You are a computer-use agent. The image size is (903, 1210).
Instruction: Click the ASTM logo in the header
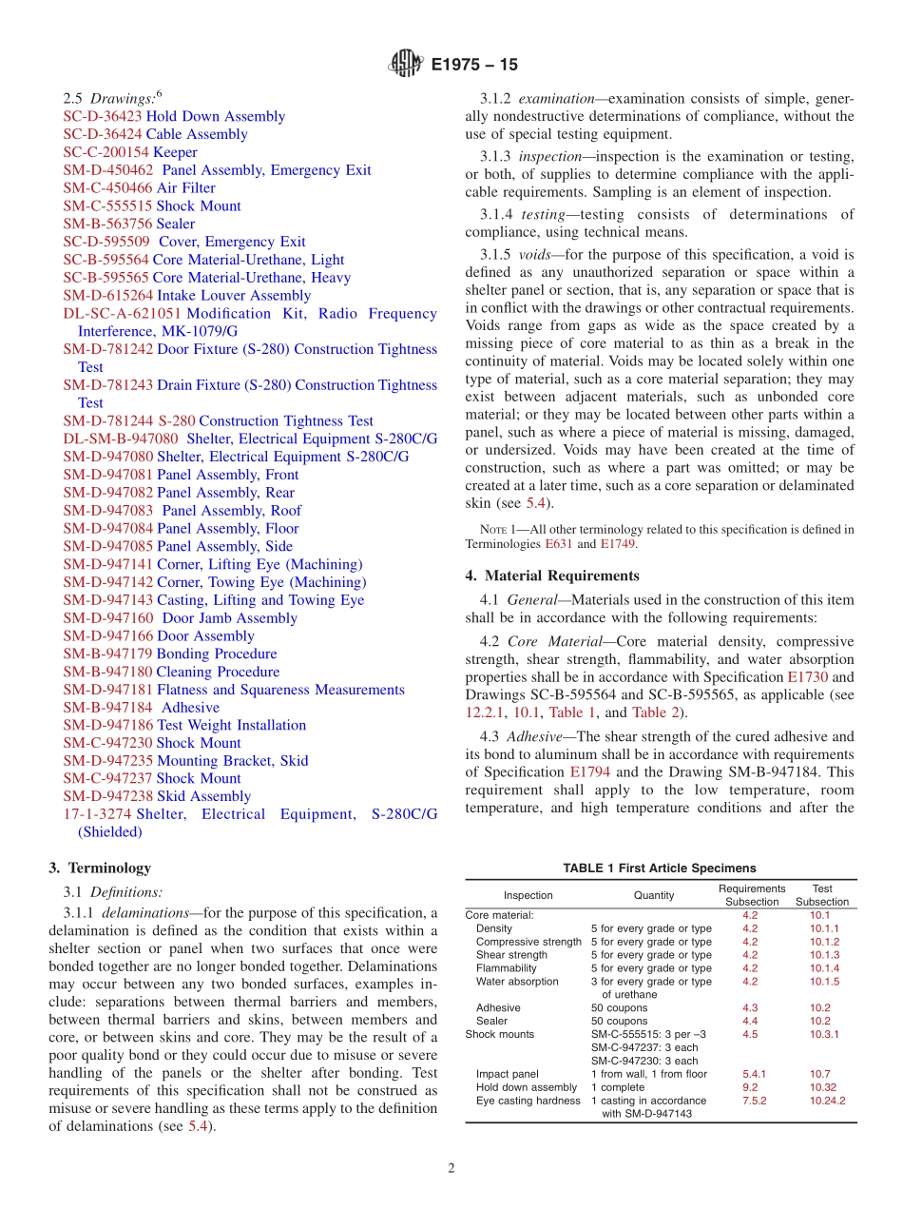click(x=406, y=65)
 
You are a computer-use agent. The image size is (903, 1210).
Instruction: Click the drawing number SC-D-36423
click(x=103, y=116)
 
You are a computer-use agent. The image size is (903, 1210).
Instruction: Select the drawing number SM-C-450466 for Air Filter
click(x=107, y=188)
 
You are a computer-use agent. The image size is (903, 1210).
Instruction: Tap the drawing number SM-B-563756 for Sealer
click(x=107, y=224)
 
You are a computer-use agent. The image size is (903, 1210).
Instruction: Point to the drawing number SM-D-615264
click(x=107, y=296)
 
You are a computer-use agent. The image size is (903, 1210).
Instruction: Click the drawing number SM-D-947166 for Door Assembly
click(x=107, y=636)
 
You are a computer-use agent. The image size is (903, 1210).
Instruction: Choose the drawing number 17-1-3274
click(x=98, y=814)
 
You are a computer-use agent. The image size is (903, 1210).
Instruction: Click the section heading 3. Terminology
click(x=100, y=868)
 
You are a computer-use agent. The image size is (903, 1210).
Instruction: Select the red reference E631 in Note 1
click(x=560, y=544)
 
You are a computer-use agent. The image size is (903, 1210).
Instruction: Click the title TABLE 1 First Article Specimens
click(x=660, y=868)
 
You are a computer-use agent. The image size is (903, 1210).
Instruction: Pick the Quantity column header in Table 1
click(x=654, y=895)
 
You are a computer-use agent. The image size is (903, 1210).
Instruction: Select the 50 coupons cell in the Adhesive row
click(x=619, y=1007)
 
